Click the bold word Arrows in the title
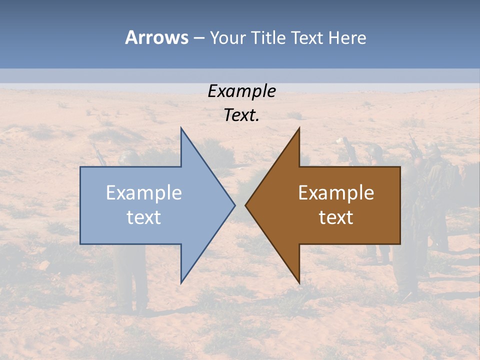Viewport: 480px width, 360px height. click(156, 37)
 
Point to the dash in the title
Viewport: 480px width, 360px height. click(199, 38)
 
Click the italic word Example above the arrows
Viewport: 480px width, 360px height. click(241, 91)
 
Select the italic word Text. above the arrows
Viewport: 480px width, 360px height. click(241, 115)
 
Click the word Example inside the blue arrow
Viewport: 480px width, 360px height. click(144, 193)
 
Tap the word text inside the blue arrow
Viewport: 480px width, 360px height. click(144, 217)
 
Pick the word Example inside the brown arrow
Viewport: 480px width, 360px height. click(336, 193)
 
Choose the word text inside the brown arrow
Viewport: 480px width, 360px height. click(336, 217)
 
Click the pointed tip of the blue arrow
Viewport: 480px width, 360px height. click(234, 205)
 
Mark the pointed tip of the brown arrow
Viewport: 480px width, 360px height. click(245, 205)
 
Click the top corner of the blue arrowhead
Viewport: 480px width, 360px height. click(181, 128)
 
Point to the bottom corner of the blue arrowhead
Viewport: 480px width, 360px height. click(181, 282)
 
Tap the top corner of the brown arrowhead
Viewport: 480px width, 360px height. click(299, 128)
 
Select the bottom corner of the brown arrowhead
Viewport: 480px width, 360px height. click(299, 282)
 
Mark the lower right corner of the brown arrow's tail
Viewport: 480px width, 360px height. click(400, 243)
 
